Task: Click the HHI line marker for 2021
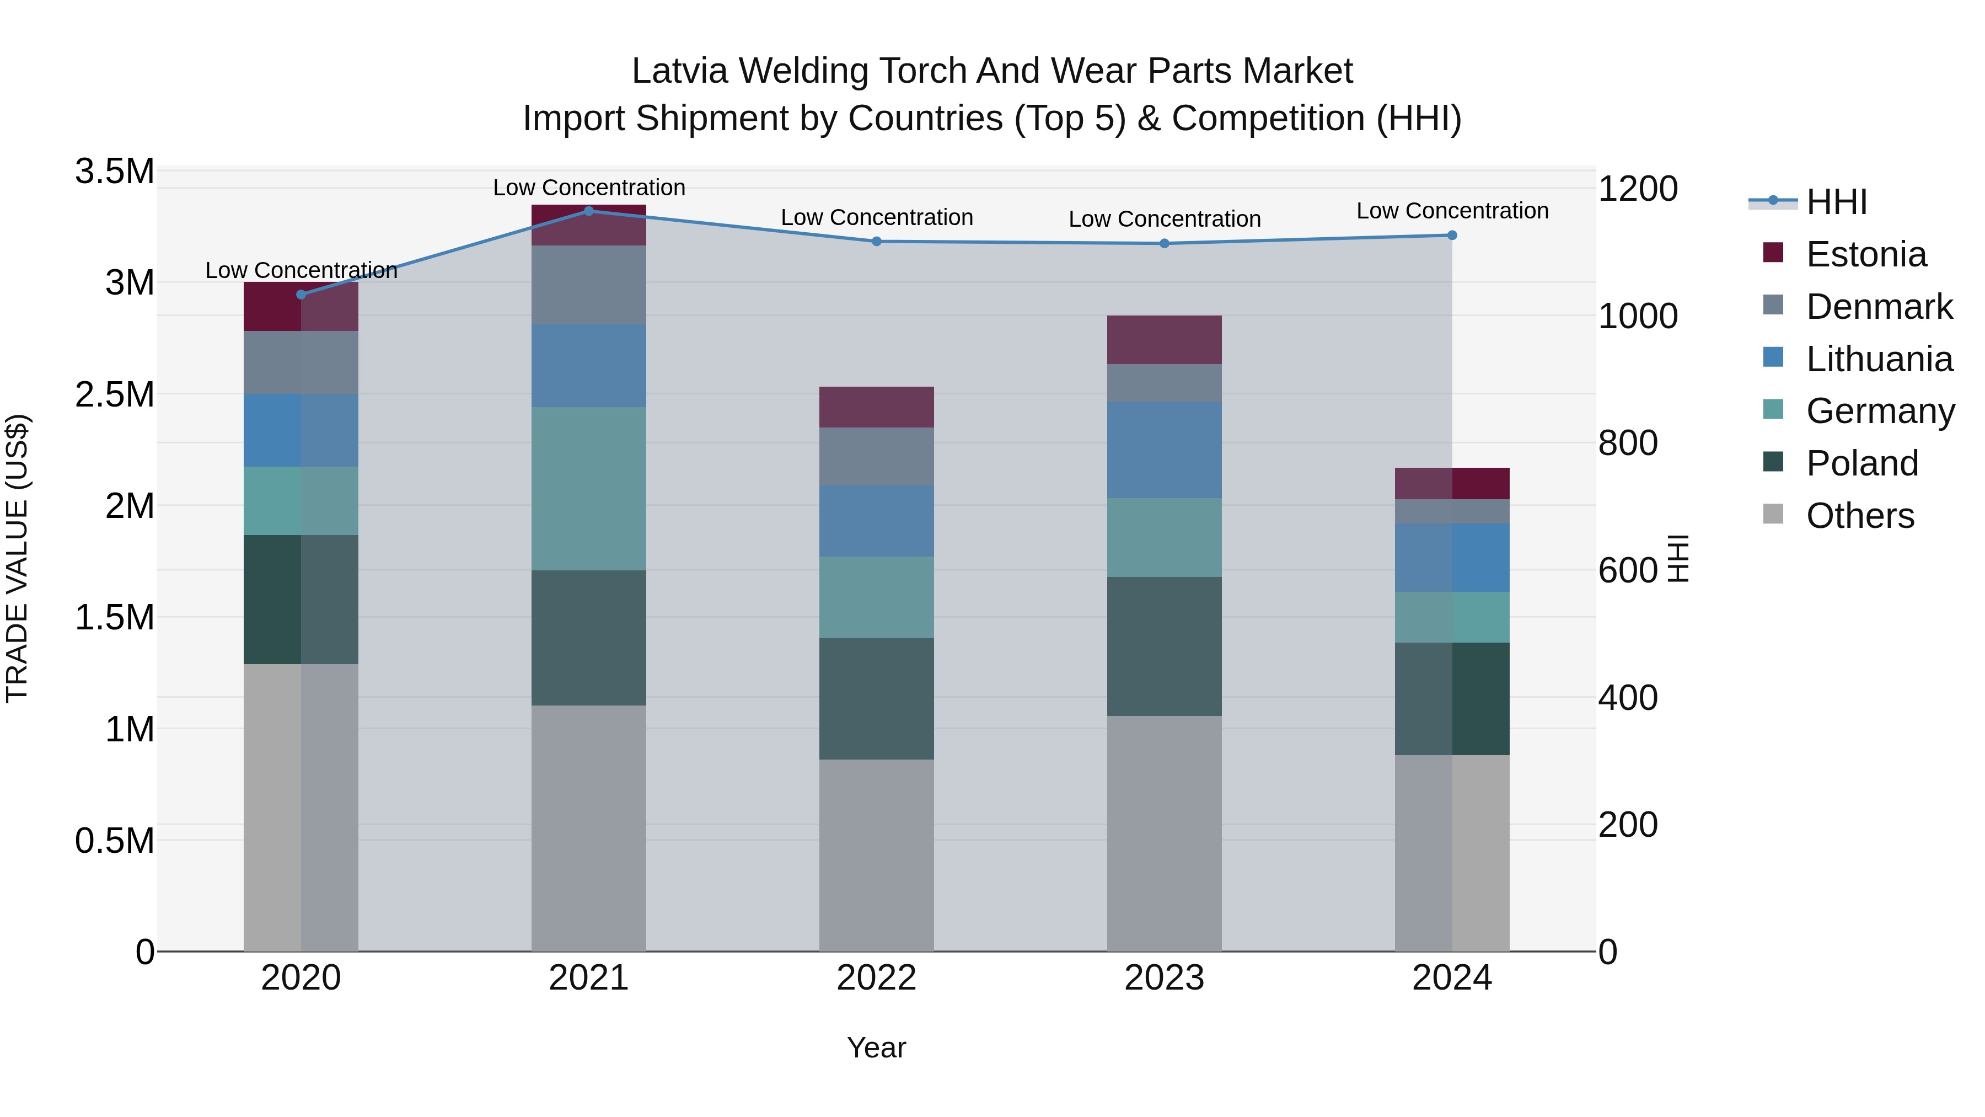589,211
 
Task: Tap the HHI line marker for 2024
1452,235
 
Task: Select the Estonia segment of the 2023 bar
1163,339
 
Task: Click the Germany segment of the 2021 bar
589,488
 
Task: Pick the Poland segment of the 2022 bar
876,698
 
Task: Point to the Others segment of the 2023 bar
1163,832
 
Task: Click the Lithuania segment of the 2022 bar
876,520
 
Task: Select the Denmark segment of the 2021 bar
589,285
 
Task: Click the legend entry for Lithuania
1879,359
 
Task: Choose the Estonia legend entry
1865,254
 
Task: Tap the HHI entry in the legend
1836,202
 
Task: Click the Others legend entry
1859,515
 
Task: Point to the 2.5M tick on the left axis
114,394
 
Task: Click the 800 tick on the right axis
1628,443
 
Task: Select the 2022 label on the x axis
876,977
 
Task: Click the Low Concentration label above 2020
301,270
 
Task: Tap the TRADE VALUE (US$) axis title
17,558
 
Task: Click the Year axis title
876,1047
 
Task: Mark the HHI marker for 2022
876,241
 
